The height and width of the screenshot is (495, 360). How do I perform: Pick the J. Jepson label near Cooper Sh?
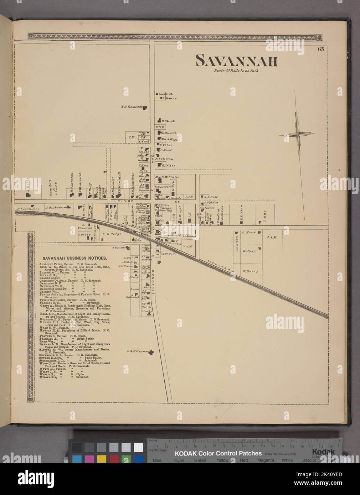pos(169,98)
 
